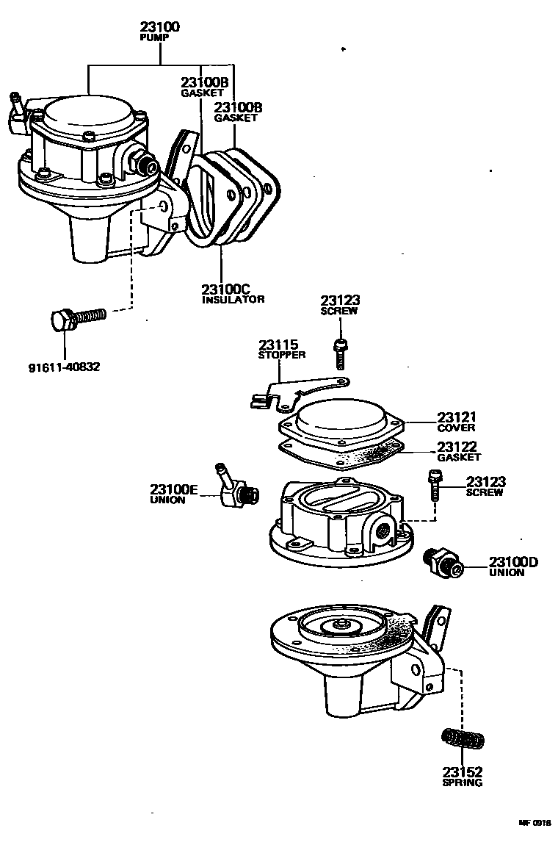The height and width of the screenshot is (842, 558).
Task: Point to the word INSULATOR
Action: click(x=233, y=299)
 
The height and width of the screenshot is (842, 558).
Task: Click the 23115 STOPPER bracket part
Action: click(x=301, y=390)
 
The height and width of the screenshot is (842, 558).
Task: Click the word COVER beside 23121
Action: click(x=456, y=428)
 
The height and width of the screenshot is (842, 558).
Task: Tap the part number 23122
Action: click(x=457, y=446)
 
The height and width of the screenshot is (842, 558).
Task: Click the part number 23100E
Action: click(x=174, y=489)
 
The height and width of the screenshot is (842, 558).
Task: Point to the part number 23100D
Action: click(x=514, y=562)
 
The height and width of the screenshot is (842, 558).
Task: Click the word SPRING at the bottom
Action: click(x=463, y=782)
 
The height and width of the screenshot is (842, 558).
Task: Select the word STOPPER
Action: click(x=282, y=355)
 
